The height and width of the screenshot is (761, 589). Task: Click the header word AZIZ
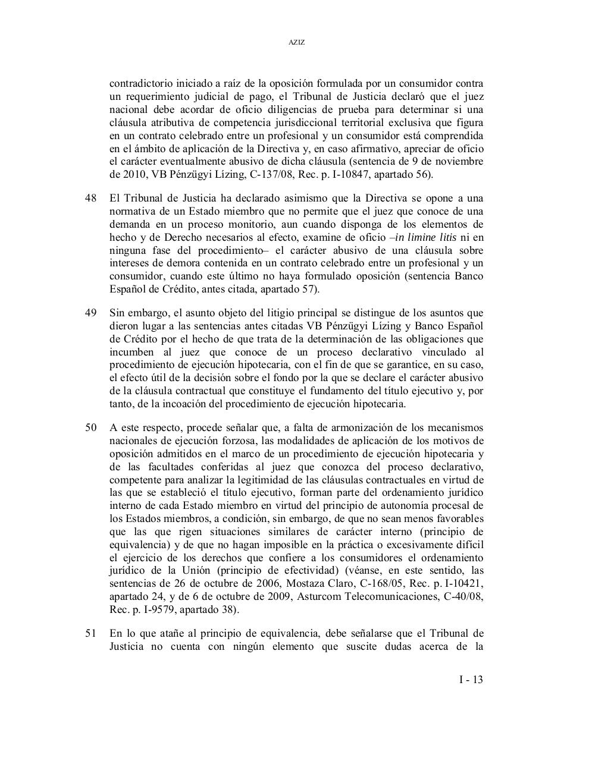[x=296, y=43]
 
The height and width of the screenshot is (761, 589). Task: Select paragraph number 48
[x=90, y=198]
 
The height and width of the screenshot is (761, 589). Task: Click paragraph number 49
[x=90, y=313]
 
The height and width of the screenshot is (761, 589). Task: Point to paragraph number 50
[x=90, y=428]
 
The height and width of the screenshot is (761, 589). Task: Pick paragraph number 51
[x=90, y=634]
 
